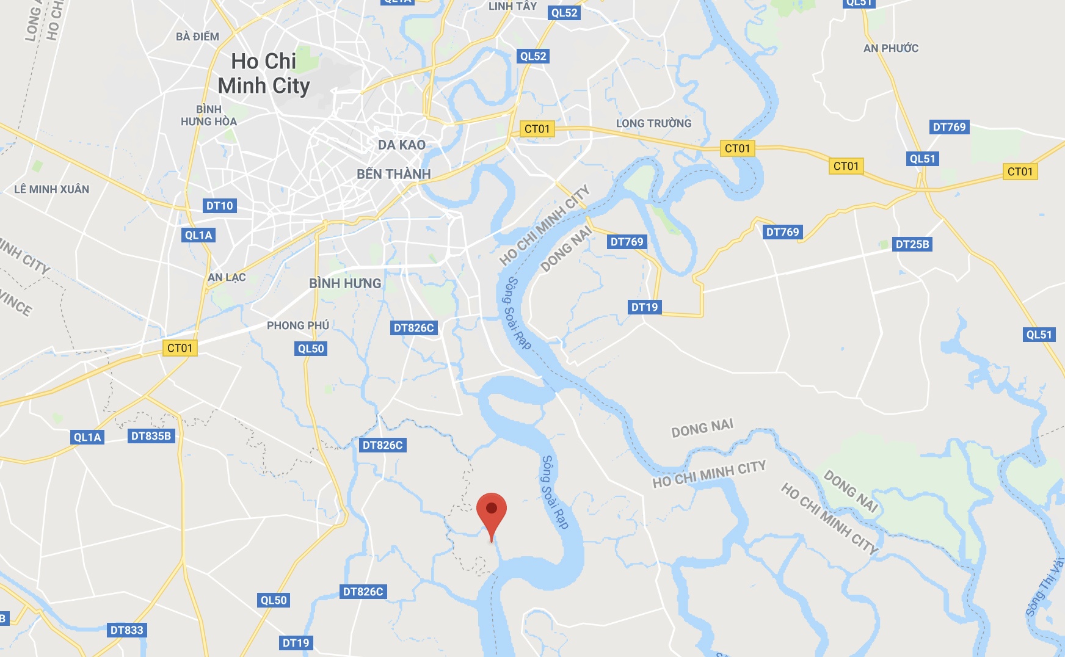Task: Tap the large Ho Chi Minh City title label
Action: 264,74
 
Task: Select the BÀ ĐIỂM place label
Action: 197,37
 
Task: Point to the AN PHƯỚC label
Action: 891,48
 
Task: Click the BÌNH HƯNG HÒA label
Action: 209,115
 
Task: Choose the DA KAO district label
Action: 401,145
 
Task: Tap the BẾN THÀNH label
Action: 394,174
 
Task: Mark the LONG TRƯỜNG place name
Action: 653,123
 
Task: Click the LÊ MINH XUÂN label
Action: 52,189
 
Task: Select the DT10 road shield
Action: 220,206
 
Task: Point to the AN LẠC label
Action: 227,277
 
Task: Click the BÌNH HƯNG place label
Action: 345,283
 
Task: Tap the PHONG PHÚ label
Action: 298,325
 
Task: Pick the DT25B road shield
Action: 912,244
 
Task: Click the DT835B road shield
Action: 151,436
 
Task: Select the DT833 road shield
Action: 126,630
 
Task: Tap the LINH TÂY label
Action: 512,6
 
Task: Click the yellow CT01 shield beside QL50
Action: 180,348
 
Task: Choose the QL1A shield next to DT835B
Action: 87,437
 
